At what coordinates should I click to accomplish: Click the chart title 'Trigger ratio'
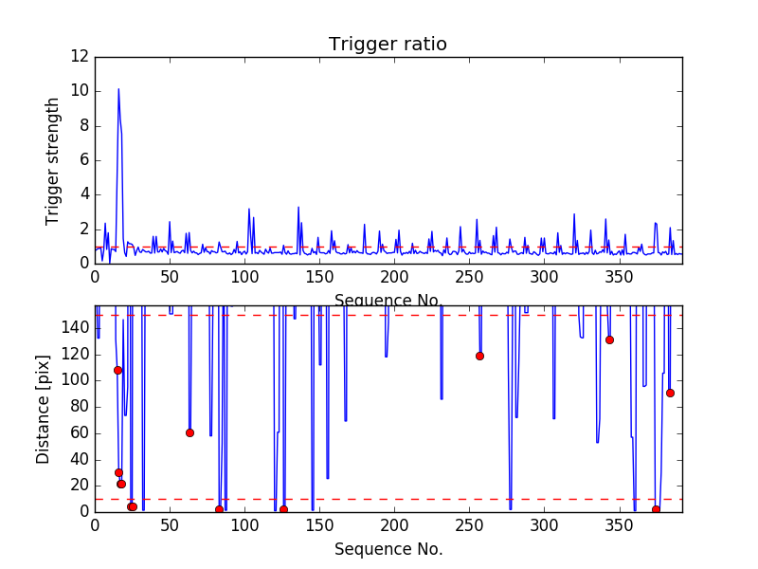(388, 45)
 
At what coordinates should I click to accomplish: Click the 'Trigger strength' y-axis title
(54, 160)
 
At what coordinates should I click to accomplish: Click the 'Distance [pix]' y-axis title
(43, 409)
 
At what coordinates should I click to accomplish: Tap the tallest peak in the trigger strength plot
(118, 89)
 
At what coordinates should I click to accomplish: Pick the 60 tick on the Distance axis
(80, 432)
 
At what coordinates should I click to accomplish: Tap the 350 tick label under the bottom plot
(619, 526)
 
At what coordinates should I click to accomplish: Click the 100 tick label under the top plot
(244, 278)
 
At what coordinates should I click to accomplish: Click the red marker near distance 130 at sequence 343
(609, 340)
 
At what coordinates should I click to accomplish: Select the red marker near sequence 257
(479, 356)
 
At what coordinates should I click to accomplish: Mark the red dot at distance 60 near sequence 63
(189, 432)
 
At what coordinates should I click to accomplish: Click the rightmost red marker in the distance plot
(670, 393)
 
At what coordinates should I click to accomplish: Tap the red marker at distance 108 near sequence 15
(117, 370)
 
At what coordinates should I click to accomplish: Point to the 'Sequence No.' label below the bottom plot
(388, 549)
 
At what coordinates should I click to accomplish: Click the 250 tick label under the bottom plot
(469, 526)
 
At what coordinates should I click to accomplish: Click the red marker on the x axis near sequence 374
(656, 509)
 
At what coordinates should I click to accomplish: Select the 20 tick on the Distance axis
(80, 485)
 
